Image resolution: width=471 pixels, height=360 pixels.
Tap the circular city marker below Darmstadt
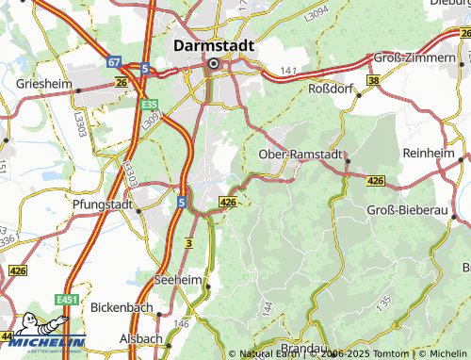click(214, 64)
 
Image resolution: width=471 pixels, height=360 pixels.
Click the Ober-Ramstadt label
click(300, 155)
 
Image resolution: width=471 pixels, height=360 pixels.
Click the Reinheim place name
click(430, 151)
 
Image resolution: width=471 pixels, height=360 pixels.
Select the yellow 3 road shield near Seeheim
click(188, 243)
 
